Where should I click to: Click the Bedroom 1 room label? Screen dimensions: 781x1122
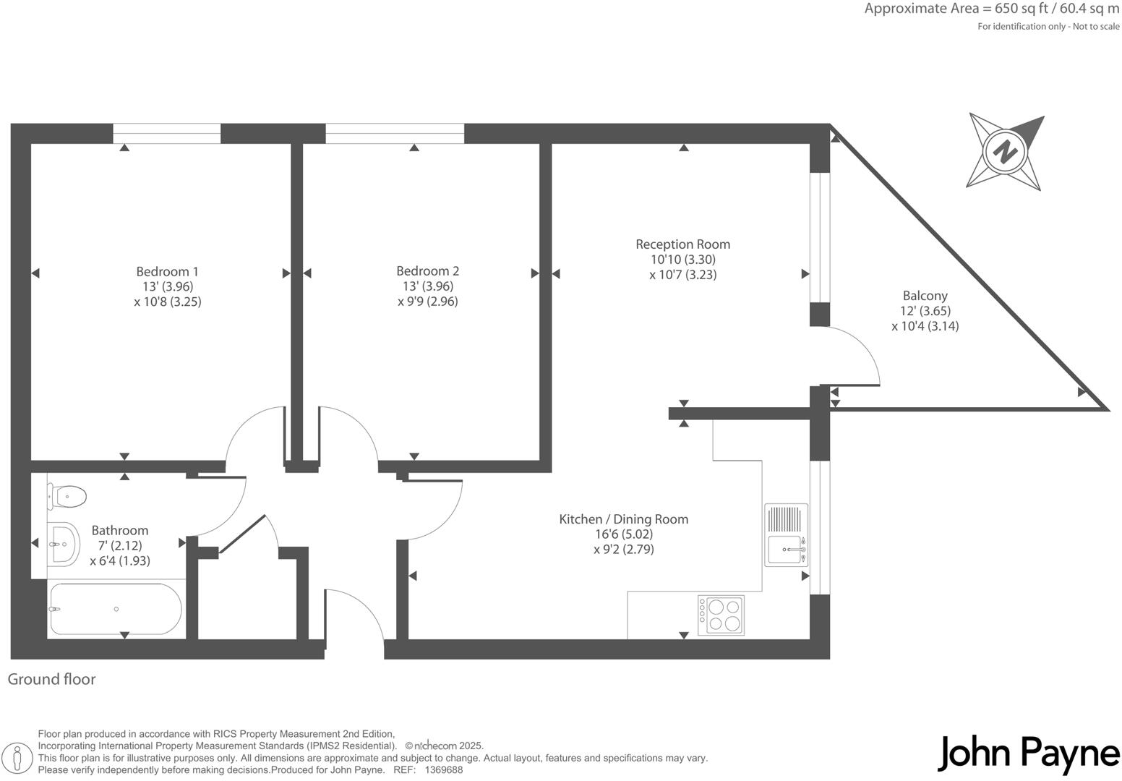tap(167, 272)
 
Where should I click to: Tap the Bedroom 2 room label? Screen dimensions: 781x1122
tap(427, 271)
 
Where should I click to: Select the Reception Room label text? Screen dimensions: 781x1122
tap(682, 244)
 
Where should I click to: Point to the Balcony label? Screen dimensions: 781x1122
tap(925, 296)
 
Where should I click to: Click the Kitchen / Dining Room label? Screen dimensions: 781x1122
tap(623, 519)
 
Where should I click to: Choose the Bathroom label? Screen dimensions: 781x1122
tap(120, 531)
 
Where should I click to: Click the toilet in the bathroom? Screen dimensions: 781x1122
tap(67, 496)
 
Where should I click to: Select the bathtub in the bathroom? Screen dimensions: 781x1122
tap(116, 609)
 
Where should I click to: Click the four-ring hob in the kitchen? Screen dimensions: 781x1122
tap(721, 615)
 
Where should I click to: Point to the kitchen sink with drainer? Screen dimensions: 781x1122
tap(786, 535)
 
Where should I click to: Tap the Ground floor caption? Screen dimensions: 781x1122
tap(51, 679)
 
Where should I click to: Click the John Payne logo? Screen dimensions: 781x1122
tap(1028, 754)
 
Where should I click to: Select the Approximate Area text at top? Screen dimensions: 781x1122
tap(991, 9)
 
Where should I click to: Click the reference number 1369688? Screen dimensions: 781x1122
tap(443, 770)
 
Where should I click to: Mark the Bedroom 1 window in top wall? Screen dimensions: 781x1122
tap(166, 134)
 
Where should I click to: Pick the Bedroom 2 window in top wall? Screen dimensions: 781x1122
tap(395, 134)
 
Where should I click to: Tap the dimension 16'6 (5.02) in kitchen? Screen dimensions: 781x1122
tap(623, 534)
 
